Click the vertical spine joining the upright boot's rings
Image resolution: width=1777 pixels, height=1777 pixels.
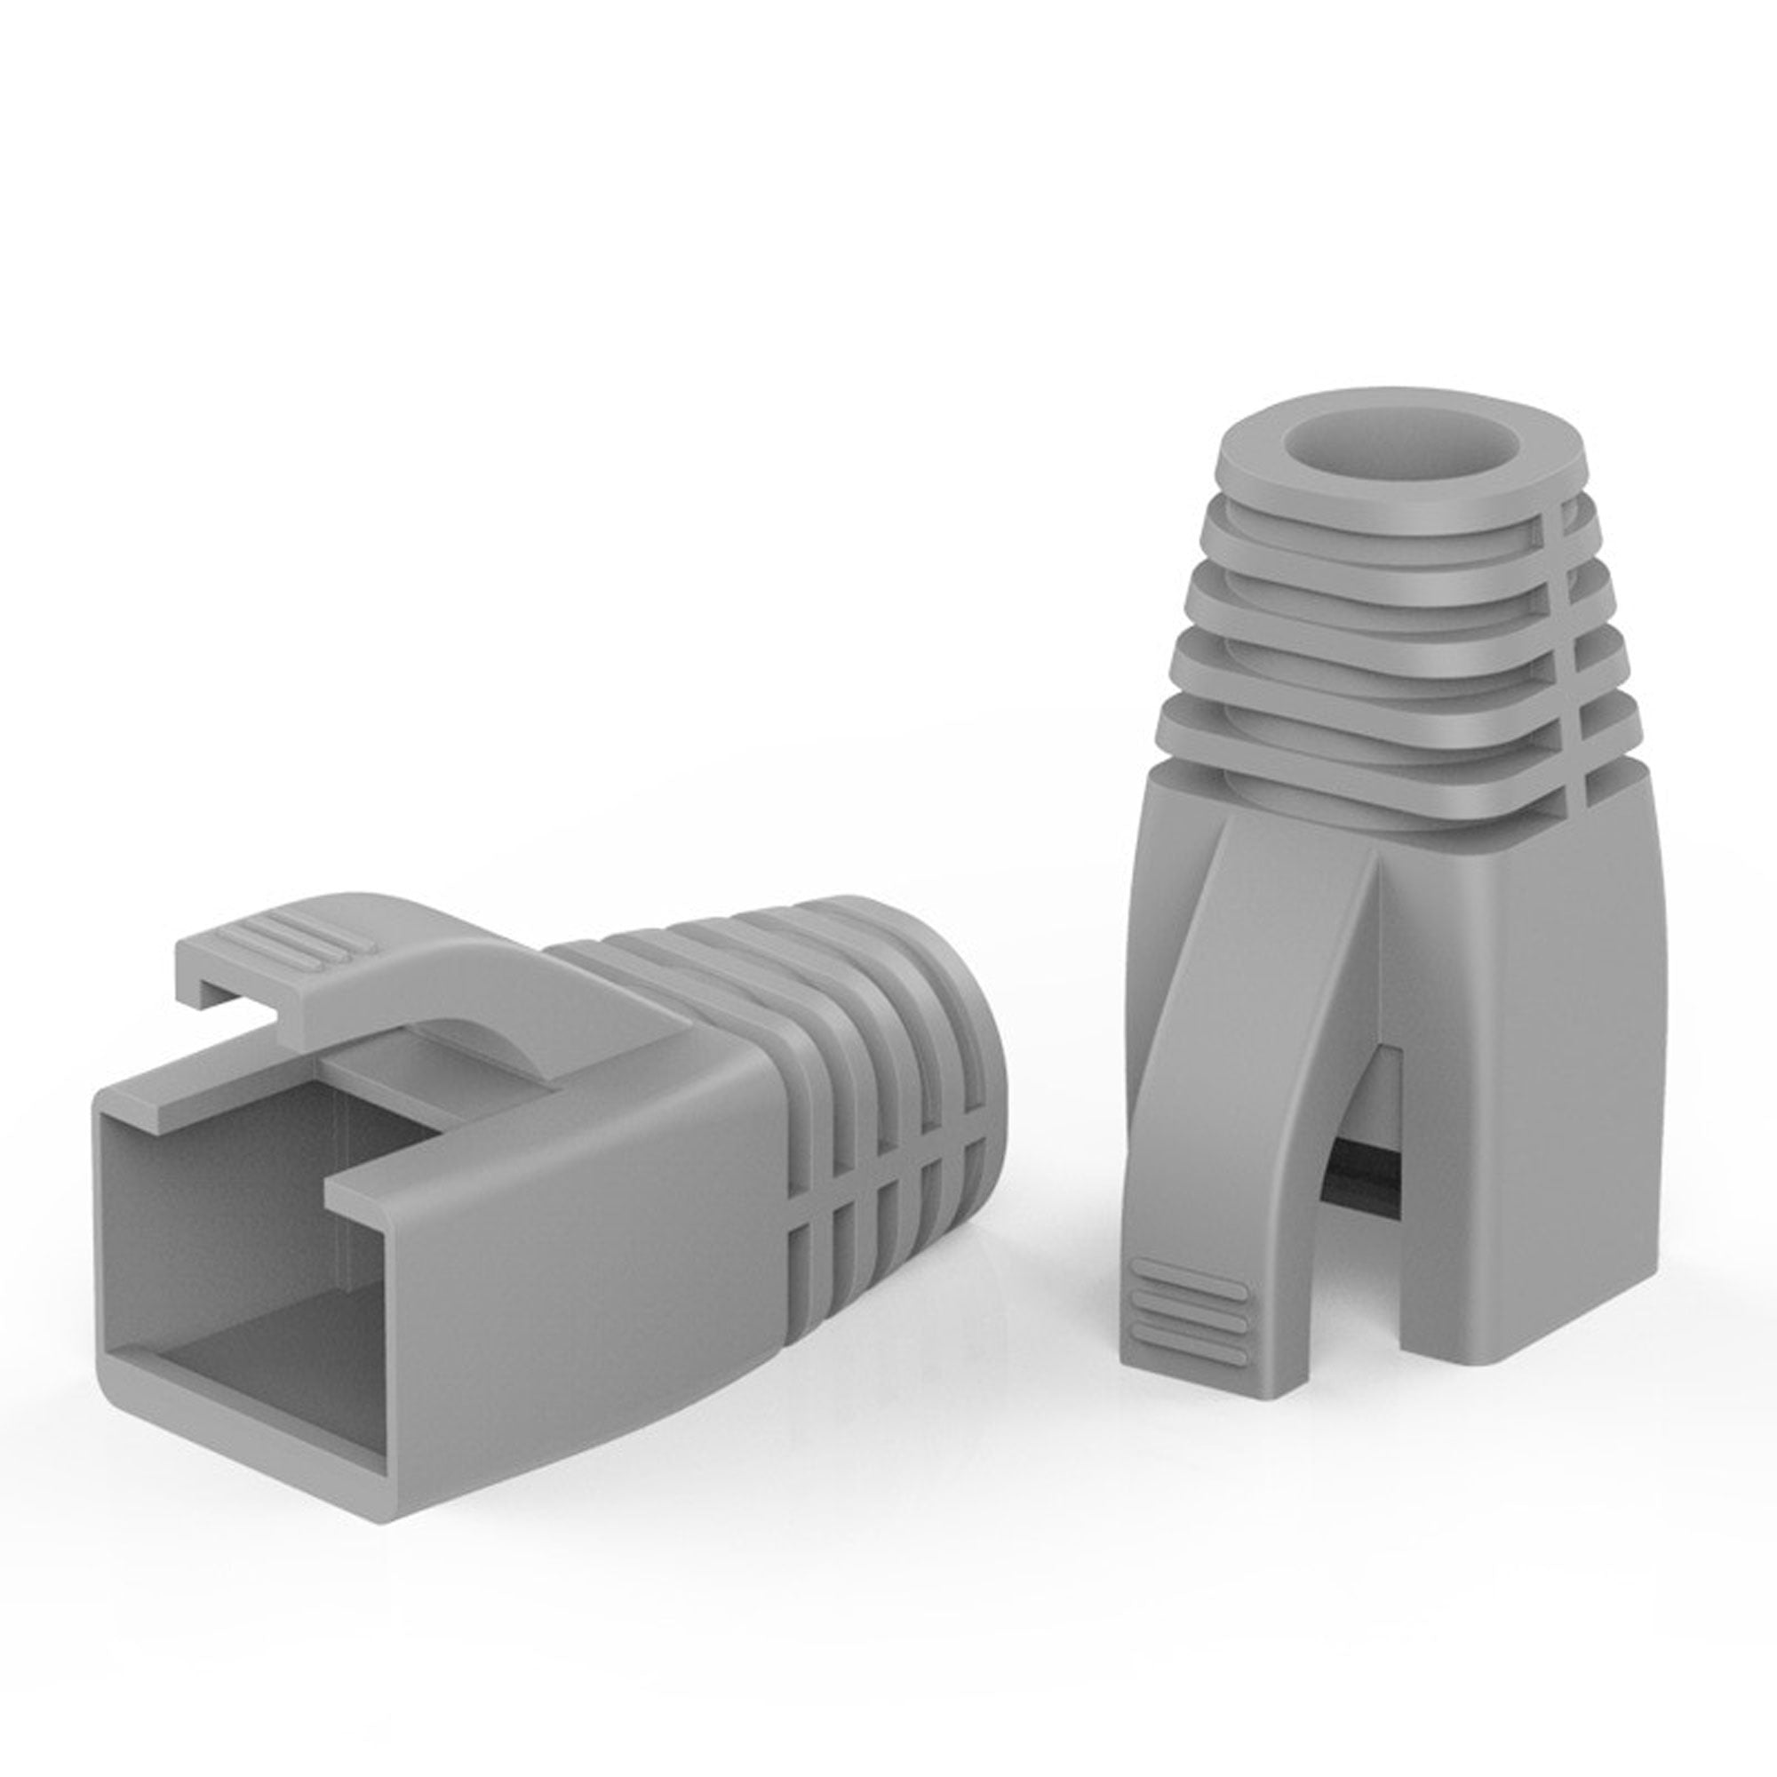point(1575,644)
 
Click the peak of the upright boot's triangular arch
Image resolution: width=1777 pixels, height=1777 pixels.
point(1377,865)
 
